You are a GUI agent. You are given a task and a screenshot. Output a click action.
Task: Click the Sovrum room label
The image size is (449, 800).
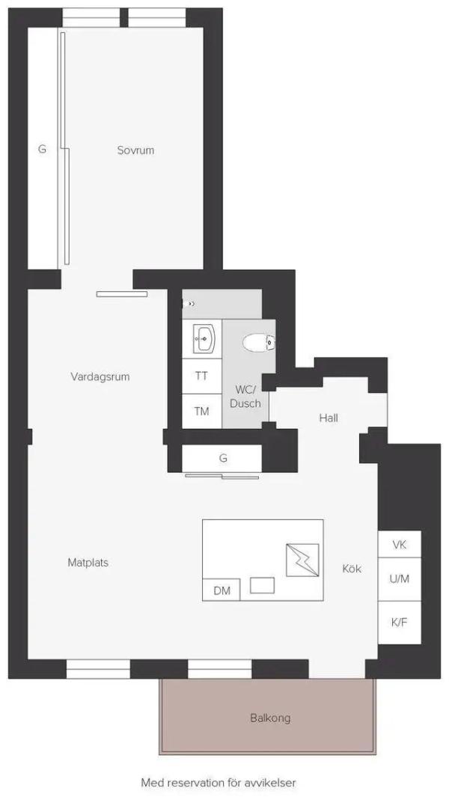tap(135, 150)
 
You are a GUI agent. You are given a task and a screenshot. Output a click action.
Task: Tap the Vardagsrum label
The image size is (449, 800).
tap(100, 377)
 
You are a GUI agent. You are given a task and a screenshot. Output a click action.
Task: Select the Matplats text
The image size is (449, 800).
tap(88, 563)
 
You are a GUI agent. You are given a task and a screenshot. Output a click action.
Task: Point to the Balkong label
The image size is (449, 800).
tap(270, 718)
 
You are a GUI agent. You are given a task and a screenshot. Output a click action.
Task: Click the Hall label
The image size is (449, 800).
tap(329, 418)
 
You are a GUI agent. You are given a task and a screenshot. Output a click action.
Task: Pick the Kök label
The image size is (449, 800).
tap(352, 568)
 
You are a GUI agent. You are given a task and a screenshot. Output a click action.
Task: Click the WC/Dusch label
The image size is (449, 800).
tap(245, 397)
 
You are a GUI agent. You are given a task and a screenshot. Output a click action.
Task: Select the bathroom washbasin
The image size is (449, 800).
tap(205, 338)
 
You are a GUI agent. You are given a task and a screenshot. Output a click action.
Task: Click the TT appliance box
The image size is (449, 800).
tap(202, 376)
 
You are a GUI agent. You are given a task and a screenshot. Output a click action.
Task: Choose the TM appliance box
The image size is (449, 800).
tap(202, 411)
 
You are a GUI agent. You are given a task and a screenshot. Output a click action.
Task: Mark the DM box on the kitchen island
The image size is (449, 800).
tap(222, 590)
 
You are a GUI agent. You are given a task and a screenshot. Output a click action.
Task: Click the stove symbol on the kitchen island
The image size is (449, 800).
tap(302, 561)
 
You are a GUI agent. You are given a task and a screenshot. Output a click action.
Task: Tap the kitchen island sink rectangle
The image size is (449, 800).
tap(262, 585)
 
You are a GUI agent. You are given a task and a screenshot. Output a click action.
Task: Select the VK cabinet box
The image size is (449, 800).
tap(400, 544)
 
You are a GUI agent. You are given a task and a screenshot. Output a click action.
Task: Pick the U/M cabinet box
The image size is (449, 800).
tap(400, 579)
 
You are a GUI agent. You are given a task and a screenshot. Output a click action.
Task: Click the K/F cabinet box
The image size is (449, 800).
tap(400, 623)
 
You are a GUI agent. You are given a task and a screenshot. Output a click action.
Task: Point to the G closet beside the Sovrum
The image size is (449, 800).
tap(43, 149)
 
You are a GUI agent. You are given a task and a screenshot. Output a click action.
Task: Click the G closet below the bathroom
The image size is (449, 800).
tap(222, 459)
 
